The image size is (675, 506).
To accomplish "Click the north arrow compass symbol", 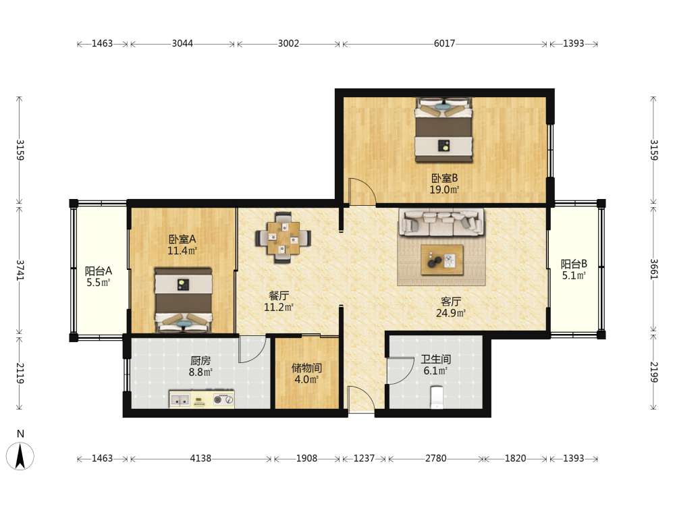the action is pyautogui.click(x=20, y=456).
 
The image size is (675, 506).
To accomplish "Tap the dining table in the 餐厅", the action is pyautogui.click(x=283, y=237).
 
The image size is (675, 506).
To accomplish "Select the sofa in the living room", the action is pyautogui.click(x=441, y=222).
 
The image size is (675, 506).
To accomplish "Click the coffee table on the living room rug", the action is pyautogui.click(x=442, y=260).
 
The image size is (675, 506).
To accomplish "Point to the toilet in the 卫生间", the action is pyautogui.click(x=437, y=397).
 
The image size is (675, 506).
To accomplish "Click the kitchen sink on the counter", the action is pyautogui.click(x=180, y=399).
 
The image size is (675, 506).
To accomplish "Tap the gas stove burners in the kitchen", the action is pyautogui.click(x=223, y=399).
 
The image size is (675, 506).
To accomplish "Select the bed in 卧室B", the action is pyautogui.click(x=444, y=130).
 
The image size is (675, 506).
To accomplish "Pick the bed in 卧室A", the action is pyautogui.click(x=184, y=300).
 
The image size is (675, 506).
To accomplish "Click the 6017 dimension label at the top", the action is pyautogui.click(x=444, y=43).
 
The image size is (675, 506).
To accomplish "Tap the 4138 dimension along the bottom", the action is pyautogui.click(x=200, y=458).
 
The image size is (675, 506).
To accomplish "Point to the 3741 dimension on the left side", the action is pyautogui.click(x=20, y=271).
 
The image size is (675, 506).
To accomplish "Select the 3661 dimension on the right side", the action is pyautogui.click(x=653, y=269).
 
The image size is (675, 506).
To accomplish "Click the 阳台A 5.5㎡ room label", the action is pyautogui.click(x=98, y=277).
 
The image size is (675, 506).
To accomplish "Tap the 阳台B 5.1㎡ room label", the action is pyautogui.click(x=574, y=270).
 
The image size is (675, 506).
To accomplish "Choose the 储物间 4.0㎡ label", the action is pyautogui.click(x=306, y=374).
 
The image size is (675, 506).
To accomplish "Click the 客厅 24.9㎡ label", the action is pyautogui.click(x=451, y=307).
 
